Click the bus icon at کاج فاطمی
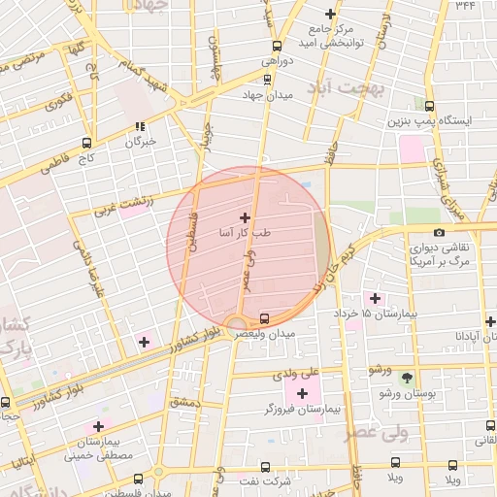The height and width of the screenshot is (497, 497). [86, 142]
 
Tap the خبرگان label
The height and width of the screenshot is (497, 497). [140, 142]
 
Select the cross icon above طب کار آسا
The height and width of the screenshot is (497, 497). [244, 217]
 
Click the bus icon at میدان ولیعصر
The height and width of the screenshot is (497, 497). [265, 318]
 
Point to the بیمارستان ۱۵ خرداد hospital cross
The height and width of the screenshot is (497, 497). [374, 297]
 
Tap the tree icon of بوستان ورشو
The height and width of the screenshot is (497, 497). [407, 380]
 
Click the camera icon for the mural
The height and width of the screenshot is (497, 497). [439, 232]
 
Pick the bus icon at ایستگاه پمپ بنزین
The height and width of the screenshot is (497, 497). [429, 105]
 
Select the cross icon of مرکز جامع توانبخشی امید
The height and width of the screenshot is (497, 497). [331, 15]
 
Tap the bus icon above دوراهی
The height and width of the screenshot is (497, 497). [278, 45]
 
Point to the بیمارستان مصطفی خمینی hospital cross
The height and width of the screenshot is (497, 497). [98, 426]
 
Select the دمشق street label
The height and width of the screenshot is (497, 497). [183, 401]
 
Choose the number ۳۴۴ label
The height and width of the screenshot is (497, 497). [465, 6]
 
